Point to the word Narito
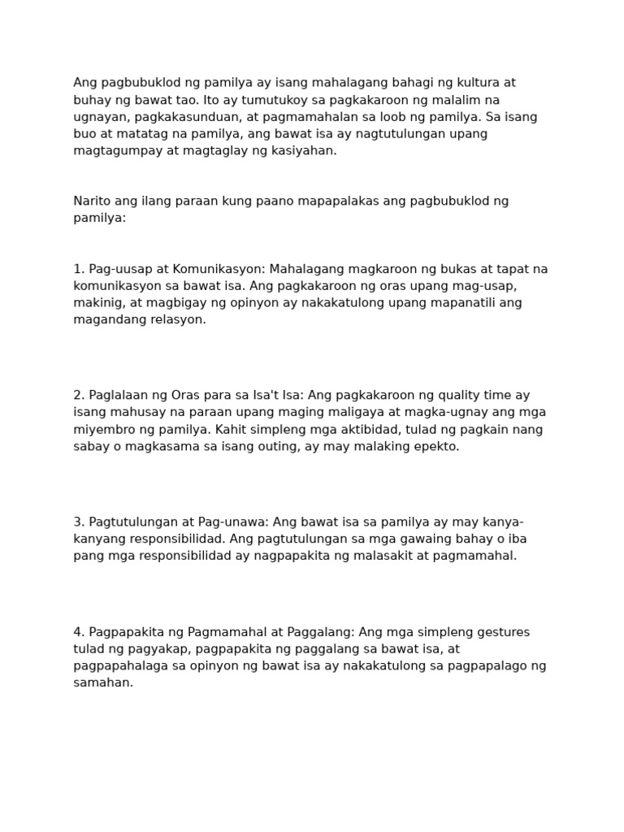click(92, 201)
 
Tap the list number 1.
click(78, 269)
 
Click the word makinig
click(96, 303)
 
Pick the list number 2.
click(78, 396)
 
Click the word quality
click(461, 396)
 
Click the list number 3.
click(78, 522)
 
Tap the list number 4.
click(78, 632)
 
